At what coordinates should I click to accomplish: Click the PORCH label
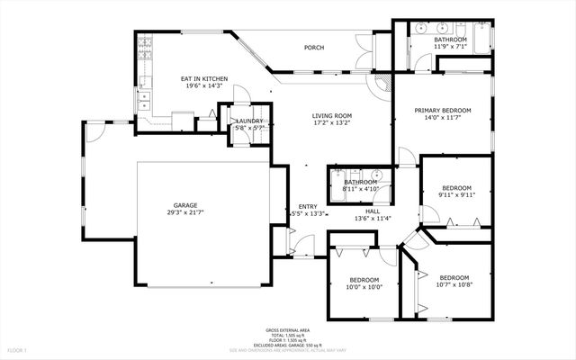click(x=313, y=48)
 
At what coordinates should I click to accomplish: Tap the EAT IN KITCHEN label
click(x=205, y=79)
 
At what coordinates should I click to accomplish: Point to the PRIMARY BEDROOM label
click(x=443, y=111)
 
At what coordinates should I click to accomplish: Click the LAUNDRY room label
click(x=248, y=121)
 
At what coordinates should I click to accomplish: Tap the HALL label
click(x=372, y=211)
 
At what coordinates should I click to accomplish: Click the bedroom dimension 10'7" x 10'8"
click(x=454, y=285)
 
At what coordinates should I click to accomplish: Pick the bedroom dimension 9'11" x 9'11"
click(x=455, y=195)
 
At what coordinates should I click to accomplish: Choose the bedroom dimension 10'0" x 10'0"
click(x=364, y=287)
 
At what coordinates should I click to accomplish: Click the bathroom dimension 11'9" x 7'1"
click(x=450, y=48)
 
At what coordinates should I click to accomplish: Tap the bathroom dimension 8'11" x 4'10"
click(x=360, y=189)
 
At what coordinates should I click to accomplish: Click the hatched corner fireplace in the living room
click(x=384, y=85)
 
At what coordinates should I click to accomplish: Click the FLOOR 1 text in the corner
click(x=18, y=349)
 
